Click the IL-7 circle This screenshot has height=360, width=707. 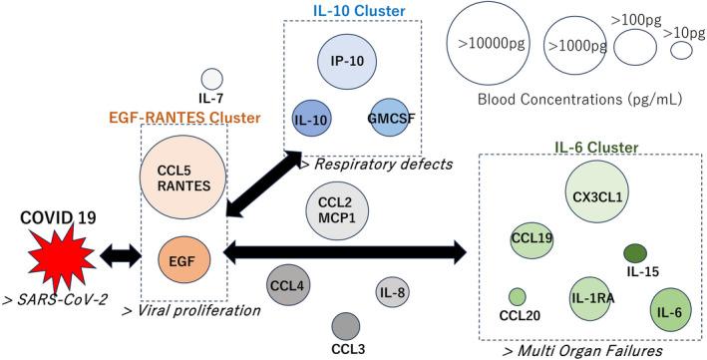click(x=211, y=80)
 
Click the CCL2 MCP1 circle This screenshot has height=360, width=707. click(x=332, y=211)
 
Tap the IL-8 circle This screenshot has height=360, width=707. click(x=392, y=292)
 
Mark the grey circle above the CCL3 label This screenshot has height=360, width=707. click(x=345, y=325)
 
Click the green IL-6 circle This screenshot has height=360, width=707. click(x=667, y=308)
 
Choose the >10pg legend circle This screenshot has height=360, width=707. click(x=681, y=51)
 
